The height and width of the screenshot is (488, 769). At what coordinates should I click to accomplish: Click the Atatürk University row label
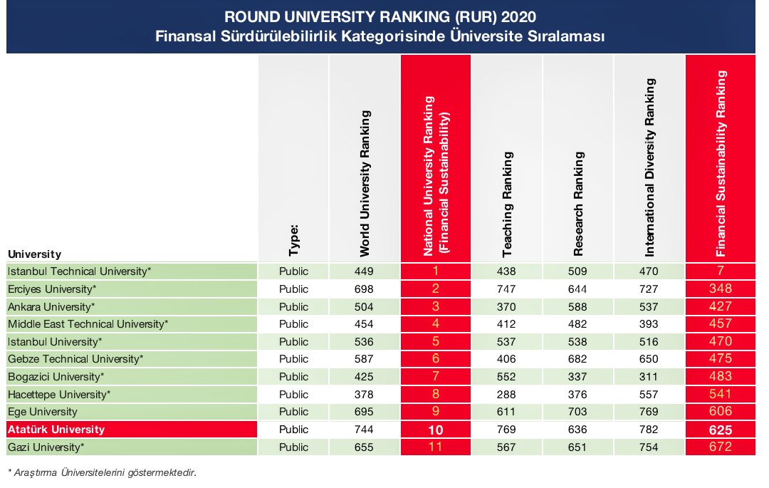pyautogui.click(x=56, y=430)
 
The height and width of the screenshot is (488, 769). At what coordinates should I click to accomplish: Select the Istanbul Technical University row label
pyautogui.click(x=79, y=271)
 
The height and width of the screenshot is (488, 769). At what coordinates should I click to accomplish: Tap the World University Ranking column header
pyautogui.click(x=364, y=183)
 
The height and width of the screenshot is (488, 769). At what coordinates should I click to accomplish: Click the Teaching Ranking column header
pyautogui.click(x=507, y=214)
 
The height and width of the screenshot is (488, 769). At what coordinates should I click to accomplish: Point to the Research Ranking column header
pyautogui.click(x=578, y=204)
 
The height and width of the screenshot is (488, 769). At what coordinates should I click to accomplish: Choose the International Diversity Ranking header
pyautogui.click(x=649, y=168)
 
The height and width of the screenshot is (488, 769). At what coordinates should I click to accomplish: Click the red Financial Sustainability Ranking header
pyautogui.click(x=721, y=164)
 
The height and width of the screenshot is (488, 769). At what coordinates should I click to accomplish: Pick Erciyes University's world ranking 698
pyautogui.click(x=364, y=289)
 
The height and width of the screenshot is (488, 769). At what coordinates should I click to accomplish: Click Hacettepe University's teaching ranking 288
pyautogui.click(x=507, y=394)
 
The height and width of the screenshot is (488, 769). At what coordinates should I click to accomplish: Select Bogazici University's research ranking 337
pyautogui.click(x=578, y=376)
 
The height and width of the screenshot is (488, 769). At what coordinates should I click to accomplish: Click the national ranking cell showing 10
pyautogui.click(x=436, y=430)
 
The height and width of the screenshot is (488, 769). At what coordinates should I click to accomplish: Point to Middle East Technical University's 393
pyautogui.click(x=649, y=324)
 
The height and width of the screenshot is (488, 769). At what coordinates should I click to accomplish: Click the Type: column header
pyautogui.click(x=293, y=239)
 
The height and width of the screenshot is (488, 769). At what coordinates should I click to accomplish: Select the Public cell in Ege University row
pyautogui.click(x=293, y=412)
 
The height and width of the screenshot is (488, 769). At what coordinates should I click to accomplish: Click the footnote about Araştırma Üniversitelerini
pyautogui.click(x=101, y=472)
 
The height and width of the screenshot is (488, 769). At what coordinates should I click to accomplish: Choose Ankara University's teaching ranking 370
pyautogui.click(x=507, y=306)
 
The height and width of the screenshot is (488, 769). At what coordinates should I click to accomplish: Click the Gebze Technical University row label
pyautogui.click(x=75, y=359)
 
